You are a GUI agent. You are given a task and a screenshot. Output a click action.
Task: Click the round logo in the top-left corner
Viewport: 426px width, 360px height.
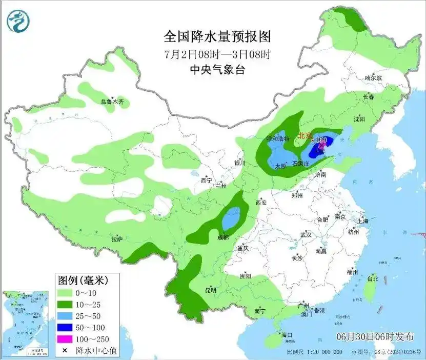point(18,20)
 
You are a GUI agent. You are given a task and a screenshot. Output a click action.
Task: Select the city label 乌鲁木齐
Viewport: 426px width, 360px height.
point(112,102)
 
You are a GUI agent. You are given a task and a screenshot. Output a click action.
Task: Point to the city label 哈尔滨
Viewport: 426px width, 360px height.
point(373,77)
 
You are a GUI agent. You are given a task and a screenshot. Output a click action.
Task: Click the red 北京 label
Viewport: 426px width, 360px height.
point(305,136)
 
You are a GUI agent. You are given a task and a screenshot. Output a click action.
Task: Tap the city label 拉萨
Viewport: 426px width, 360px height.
point(117,238)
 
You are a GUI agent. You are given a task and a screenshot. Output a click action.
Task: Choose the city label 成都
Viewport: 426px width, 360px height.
point(222,237)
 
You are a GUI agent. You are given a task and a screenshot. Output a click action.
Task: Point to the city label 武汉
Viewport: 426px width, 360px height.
point(306,234)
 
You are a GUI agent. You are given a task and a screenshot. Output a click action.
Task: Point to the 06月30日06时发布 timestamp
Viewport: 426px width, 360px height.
point(375,337)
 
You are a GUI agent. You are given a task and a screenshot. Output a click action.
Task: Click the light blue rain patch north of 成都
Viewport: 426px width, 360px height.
point(232,218)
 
